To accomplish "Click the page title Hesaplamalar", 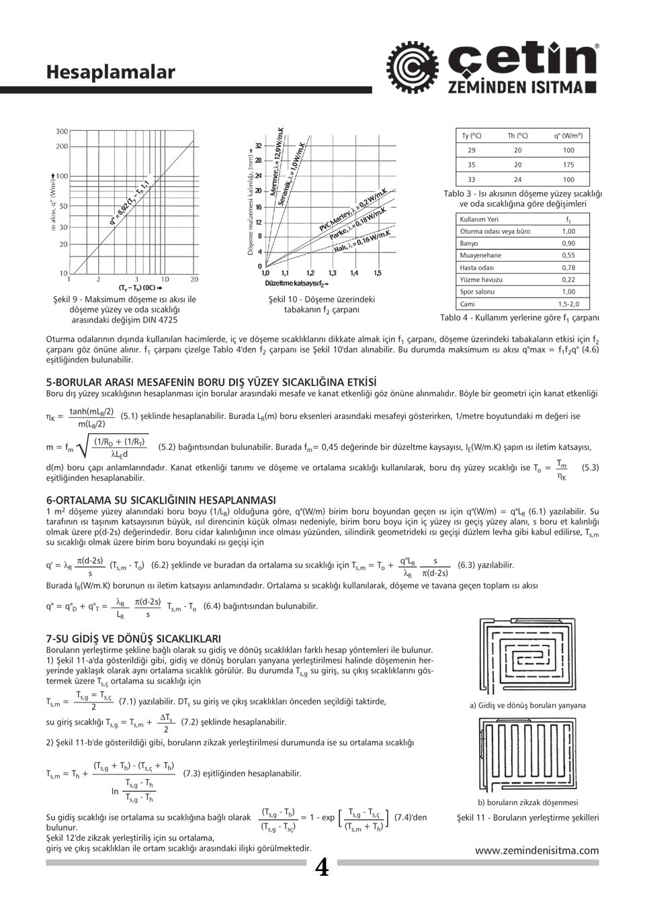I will pos(111,72).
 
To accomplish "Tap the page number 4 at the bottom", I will pos(322,868).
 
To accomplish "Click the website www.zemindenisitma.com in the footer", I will pos(537,850).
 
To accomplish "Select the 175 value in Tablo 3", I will pos(568,165).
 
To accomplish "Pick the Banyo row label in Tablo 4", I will pos(469,243).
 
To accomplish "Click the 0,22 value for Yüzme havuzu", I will pos(568,279).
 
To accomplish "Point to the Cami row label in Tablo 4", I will pos(468,304).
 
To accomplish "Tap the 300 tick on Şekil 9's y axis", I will pos(62,132).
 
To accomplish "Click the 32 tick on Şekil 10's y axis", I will pos(258,146).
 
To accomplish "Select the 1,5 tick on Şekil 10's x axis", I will pos(378,273).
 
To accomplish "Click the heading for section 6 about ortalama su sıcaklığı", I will pos(161,500).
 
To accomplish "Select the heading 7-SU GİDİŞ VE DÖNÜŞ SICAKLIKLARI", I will pos(134,638).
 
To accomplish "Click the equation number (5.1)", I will pos(130,416).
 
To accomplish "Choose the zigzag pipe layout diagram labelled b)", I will pos(527,754).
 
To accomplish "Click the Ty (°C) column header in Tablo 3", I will pos(472,136).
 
